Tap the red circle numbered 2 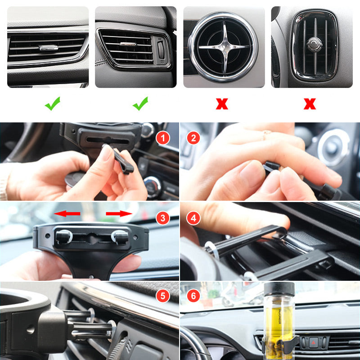tap(194, 138)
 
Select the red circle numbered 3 tap(163, 219)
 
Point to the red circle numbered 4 tap(194, 219)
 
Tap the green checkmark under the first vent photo tap(52, 105)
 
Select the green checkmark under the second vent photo tap(140, 105)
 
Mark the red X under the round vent tap(221, 105)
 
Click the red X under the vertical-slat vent tap(310, 105)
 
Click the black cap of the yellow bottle tap(279, 288)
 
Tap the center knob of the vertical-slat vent tap(314, 43)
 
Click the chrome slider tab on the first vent tap(48, 47)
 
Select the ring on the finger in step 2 tap(267, 132)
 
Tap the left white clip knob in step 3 tap(63, 235)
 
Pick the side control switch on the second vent tap(161, 49)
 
